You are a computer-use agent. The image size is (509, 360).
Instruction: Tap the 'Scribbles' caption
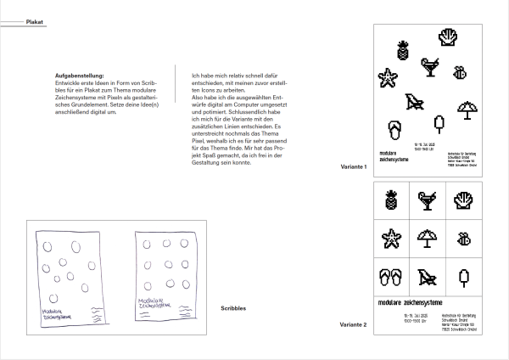click(233, 307)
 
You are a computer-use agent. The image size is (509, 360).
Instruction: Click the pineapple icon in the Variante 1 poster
click(401, 50)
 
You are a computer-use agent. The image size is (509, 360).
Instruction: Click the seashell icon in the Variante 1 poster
click(449, 37)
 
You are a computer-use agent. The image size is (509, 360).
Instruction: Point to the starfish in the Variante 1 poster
click(389, 79)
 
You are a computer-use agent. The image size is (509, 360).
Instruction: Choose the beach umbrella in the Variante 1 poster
click(467, 110)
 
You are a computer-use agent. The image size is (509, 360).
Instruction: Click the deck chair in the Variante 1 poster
click(415, 104)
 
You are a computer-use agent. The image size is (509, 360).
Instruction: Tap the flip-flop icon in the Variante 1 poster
click(394, 130)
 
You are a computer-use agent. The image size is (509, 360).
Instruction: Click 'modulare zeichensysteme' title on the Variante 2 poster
click(407, 302)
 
